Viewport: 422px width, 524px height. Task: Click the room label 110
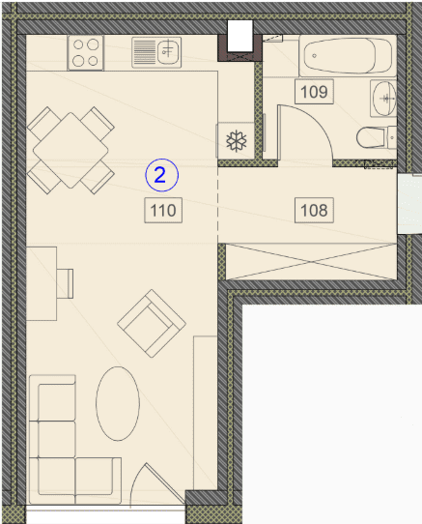(x=163, y=210)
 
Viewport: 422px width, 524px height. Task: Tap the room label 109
(x=314, y=92)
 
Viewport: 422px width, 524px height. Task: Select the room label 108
(x=314, y=210)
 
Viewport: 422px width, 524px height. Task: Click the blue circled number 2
(x=162, y=175)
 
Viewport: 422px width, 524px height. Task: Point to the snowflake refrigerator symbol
(x=237, y=141)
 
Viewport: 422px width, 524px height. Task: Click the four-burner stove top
(x=86, y=53)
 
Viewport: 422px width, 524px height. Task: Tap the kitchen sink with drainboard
(x=156, y=52)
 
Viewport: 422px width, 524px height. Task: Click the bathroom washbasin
(x=384, y=98)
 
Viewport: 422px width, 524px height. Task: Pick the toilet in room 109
(x=377, y=137)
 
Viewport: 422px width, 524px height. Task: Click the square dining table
(x=70, y=151)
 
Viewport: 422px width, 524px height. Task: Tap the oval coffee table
(x=118, y=404)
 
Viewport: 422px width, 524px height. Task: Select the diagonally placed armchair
(x=152, y=323)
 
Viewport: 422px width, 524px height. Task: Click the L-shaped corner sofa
(x=74, y=440)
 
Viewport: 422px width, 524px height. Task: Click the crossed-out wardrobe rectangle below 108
(x=311, y=261)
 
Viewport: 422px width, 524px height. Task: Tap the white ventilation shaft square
(x=239, y=36)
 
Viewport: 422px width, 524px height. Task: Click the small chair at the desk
(x=65, y=283)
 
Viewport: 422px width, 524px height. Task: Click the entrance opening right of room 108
(x=410, y=204)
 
